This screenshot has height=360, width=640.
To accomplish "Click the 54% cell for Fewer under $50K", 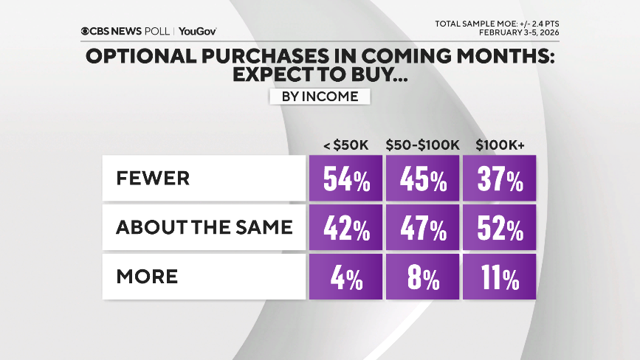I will [345, 179].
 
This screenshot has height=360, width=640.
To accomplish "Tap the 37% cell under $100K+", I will [499, 179].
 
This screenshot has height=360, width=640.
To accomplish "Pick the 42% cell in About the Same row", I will [345, 228].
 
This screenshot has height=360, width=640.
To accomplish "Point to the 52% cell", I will [499, 228].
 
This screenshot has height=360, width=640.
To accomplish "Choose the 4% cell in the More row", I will [345, 277].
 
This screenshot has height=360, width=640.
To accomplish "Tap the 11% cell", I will [499, 277].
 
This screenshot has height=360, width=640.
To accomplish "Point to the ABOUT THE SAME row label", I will [204, 228].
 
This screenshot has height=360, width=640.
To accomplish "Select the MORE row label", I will [147, 277].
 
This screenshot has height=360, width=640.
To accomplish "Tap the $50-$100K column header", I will [422, 145].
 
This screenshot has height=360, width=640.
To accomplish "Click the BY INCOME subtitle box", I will [319, 97].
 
